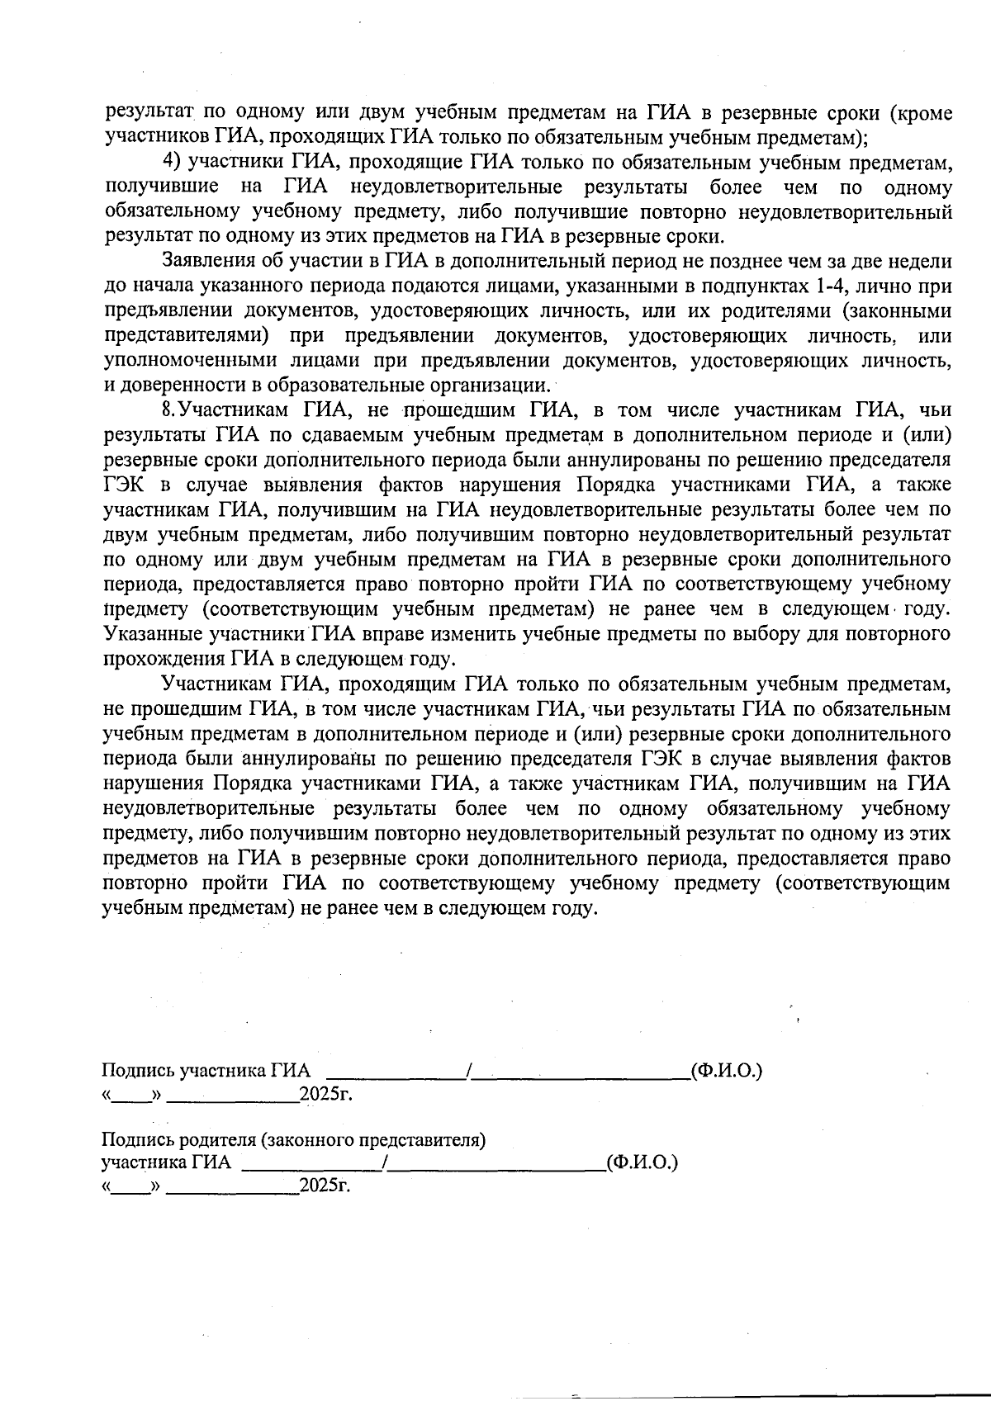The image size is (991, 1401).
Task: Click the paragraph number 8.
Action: [168, 410]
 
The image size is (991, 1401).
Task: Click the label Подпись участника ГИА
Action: [206, 1071]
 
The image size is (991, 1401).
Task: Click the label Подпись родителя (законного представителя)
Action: [293, 1140]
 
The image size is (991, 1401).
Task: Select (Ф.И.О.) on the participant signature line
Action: [726, 1071]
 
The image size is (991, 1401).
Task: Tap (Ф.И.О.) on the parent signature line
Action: [642, 1162]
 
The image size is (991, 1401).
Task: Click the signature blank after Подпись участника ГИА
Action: [397, 1072]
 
